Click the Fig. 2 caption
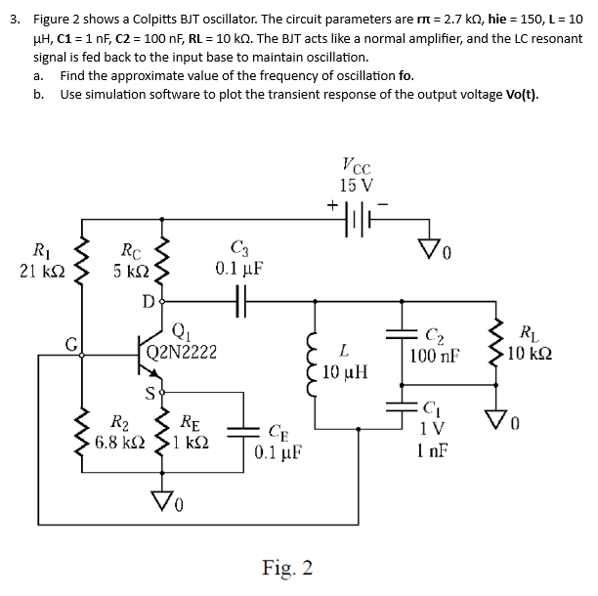pos(287,568)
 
